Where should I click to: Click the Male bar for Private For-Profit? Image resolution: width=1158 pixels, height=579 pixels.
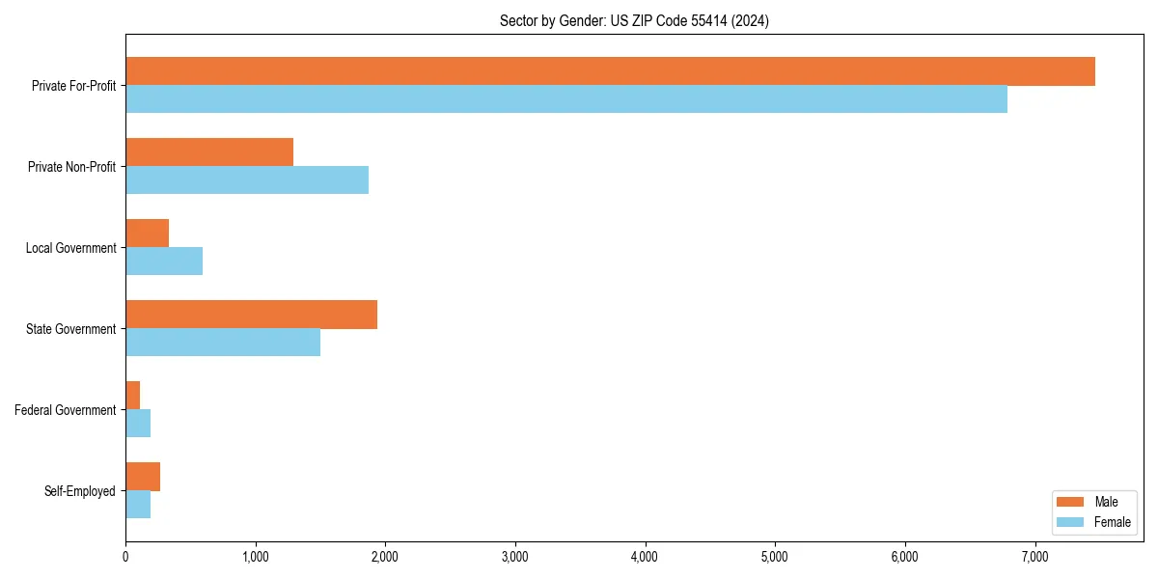[x=610, y=71]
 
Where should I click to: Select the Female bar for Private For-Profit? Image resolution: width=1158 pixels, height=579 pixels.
[x=566, y=99]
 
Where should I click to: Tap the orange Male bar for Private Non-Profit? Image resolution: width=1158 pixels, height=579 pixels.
[x=209, y=152]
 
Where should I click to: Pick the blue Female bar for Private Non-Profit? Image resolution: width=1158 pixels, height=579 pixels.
[x=247, y=180]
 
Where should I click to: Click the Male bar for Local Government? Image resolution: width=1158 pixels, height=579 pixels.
[x=148, y=234]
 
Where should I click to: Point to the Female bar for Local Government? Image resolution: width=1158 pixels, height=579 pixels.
[x=164, y=262]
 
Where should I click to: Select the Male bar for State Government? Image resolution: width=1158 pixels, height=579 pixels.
[x=251, y=315]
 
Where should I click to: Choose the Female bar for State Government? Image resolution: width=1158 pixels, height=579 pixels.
[x=223, y=343]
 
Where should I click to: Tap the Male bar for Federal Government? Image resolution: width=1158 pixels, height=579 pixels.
[x=133, y=396]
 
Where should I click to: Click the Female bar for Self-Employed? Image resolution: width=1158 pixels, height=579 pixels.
[x=138, y=505]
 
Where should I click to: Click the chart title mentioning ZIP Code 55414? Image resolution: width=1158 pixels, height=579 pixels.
[x=634, y=20]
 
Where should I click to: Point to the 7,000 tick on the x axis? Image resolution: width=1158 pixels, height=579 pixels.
[x=1034, y=557]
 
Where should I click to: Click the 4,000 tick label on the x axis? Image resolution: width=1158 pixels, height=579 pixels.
[x=645, y=557]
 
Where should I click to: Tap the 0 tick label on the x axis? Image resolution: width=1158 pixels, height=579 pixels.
[x=125, y=557]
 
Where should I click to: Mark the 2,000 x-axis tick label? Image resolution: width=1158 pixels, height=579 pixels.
[x=385, y=557]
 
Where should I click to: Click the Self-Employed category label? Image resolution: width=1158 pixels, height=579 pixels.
[x=80, y=491]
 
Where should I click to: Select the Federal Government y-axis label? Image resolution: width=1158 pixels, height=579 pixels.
[x=66, y=410]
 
